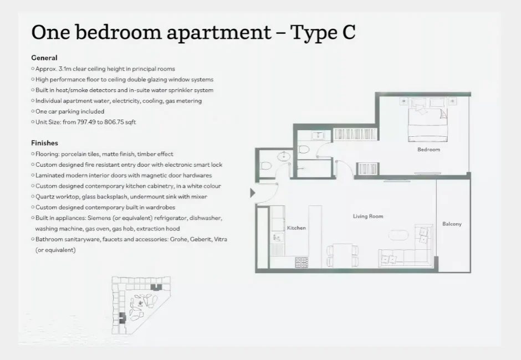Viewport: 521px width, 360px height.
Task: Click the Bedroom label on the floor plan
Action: pyautogui.click(x=428, y=150)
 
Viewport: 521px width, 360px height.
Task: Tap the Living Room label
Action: pyautogui.click(x=368, y=217)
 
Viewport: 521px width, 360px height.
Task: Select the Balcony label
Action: pyautogui.click(x=452, y=224)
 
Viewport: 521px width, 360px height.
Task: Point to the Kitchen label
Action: pyautogui.click(x=296, y=228)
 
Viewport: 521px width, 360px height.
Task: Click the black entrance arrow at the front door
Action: pyautogui.click(x=253, y=193)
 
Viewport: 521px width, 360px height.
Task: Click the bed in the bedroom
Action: pyautogui.click(x=427, y=120)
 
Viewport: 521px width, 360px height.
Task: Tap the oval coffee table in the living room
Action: pyautogui.click(x=398, y=235)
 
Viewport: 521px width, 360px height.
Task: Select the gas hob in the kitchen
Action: pyautogui.click(x=302, y=260)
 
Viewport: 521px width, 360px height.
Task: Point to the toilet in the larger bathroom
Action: pyautogui.click(x=303, y=148)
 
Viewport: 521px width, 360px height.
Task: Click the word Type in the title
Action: pyautogui.click(x=312, y=32)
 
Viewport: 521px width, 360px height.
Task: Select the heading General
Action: pyautogui.click(x=44, y=58)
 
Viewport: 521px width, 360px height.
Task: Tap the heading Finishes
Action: pyautogui.click(x=45, y=143)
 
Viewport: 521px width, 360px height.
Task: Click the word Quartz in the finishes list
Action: pyautogui.click(x=44, y=197)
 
